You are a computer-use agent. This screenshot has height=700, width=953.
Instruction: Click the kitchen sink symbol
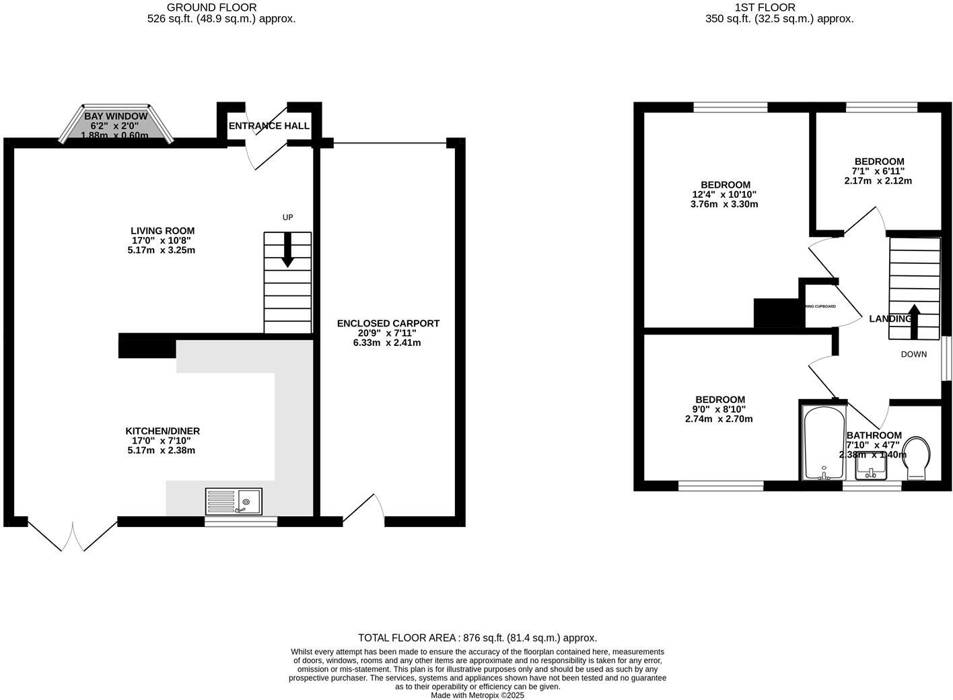[x=235, y=501]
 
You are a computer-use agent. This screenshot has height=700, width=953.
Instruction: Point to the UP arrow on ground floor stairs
[x=287, y=250]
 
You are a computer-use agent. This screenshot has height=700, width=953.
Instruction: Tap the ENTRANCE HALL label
[x=269, y=126]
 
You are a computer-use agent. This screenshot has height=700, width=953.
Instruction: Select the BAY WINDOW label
[x=116, y=116]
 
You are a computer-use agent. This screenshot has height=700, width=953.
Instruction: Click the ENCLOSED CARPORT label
[x=388, y=324]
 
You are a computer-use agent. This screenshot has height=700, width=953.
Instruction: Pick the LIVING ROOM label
[x=163, y=231]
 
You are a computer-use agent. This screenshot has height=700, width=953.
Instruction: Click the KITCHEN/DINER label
[x=162, y=431]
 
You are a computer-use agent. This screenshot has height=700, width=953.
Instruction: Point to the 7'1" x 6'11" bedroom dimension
[x=879, y=171]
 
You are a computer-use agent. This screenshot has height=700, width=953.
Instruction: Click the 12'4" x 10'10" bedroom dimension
[x=725, y=195]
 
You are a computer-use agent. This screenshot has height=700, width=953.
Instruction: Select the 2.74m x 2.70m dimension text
[x=719, y=419]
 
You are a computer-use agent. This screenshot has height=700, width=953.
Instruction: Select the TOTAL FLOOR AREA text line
[x=477, y=638]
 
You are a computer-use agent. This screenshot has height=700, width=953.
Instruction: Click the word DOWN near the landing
[x=913, y=354]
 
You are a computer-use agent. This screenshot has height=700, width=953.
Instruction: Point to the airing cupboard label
[x=820, y=306]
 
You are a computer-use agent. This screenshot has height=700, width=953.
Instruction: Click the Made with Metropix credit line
[x=477, y=695]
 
